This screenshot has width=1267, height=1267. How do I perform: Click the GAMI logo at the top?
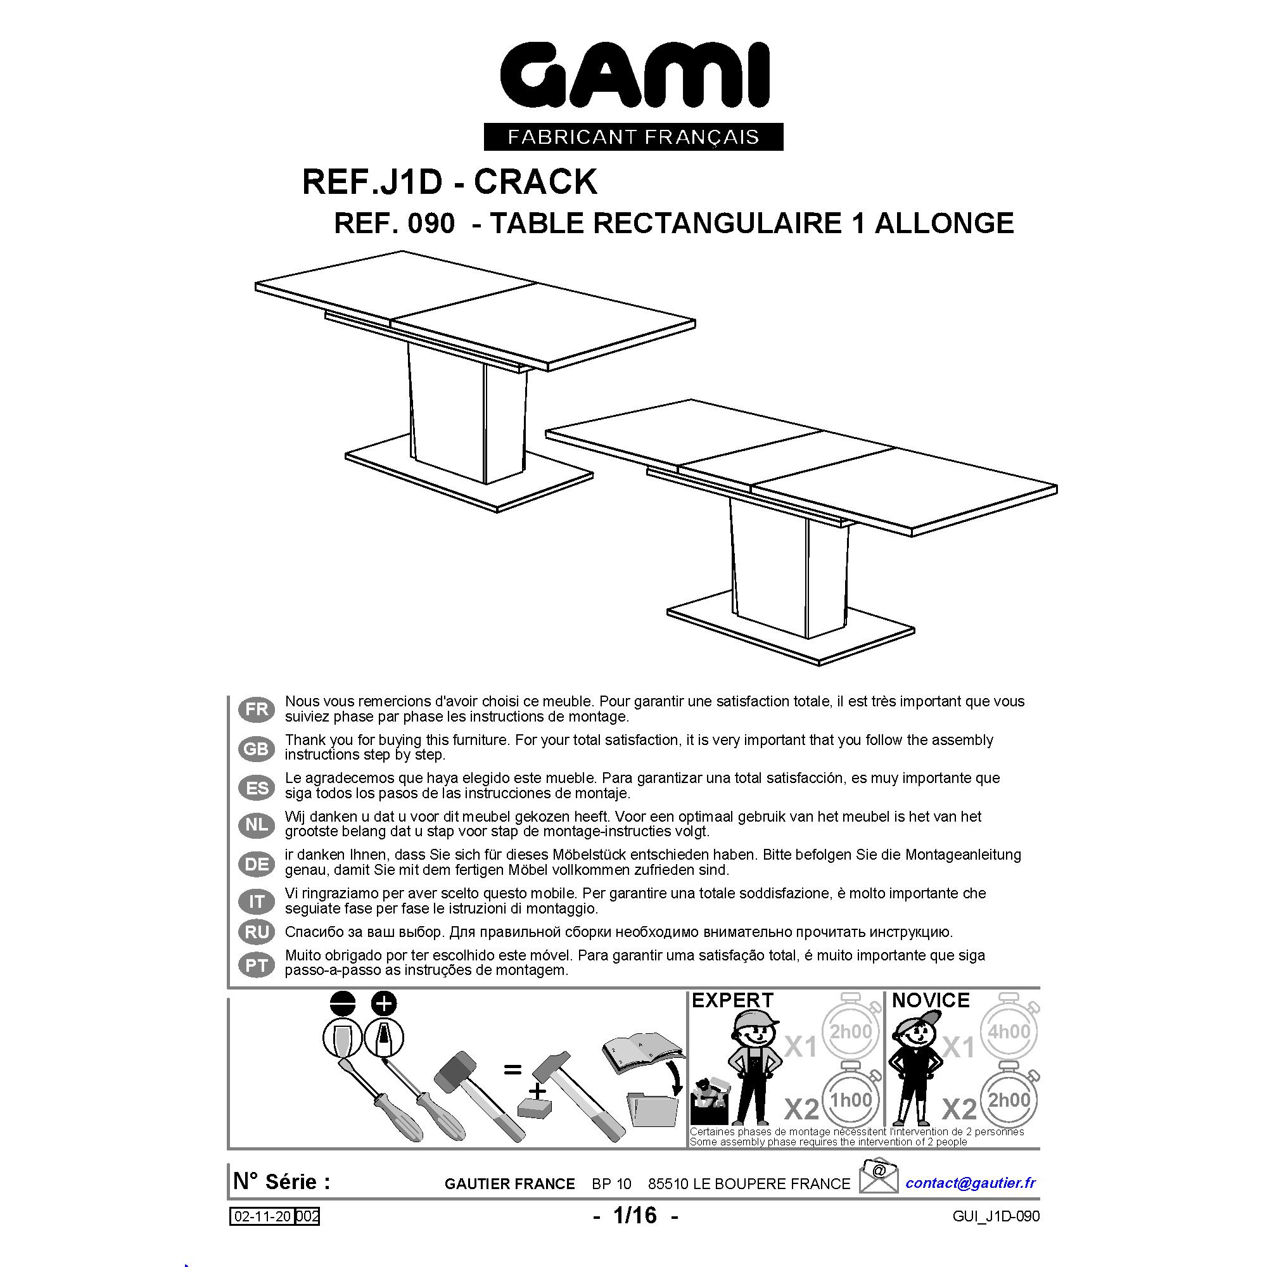click(634, 75)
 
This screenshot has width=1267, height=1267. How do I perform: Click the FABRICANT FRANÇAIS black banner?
click(633, 136)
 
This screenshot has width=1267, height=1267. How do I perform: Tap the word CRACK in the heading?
click(536, 182)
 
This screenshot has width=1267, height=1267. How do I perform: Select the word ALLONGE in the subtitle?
click(945, 223)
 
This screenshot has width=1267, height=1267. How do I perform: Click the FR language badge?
click(257, 710)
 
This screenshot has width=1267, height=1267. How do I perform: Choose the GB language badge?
click(257, 748)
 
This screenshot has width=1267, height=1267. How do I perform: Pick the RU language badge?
click(257, 932)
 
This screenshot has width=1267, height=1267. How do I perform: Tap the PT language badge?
click(257, 965)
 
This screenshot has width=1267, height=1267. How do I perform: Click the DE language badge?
click(257, 864)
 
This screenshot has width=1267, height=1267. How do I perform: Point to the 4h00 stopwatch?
click(1009, 1031)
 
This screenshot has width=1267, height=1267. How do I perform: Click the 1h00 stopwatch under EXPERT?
click(851, 1099)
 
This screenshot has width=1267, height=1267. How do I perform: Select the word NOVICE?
click(931, 1001)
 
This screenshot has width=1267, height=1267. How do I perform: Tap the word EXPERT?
click(732, 1001)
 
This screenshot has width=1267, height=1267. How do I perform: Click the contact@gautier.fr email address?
click(971, 1182)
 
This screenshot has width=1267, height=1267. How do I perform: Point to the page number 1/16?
click(635, 1216)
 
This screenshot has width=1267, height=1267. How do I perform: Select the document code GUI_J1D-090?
click(996, 1216)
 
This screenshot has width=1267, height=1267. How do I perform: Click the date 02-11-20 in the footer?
click(263, 1216)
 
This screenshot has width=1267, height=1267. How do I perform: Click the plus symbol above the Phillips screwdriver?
click(385, 1003)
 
